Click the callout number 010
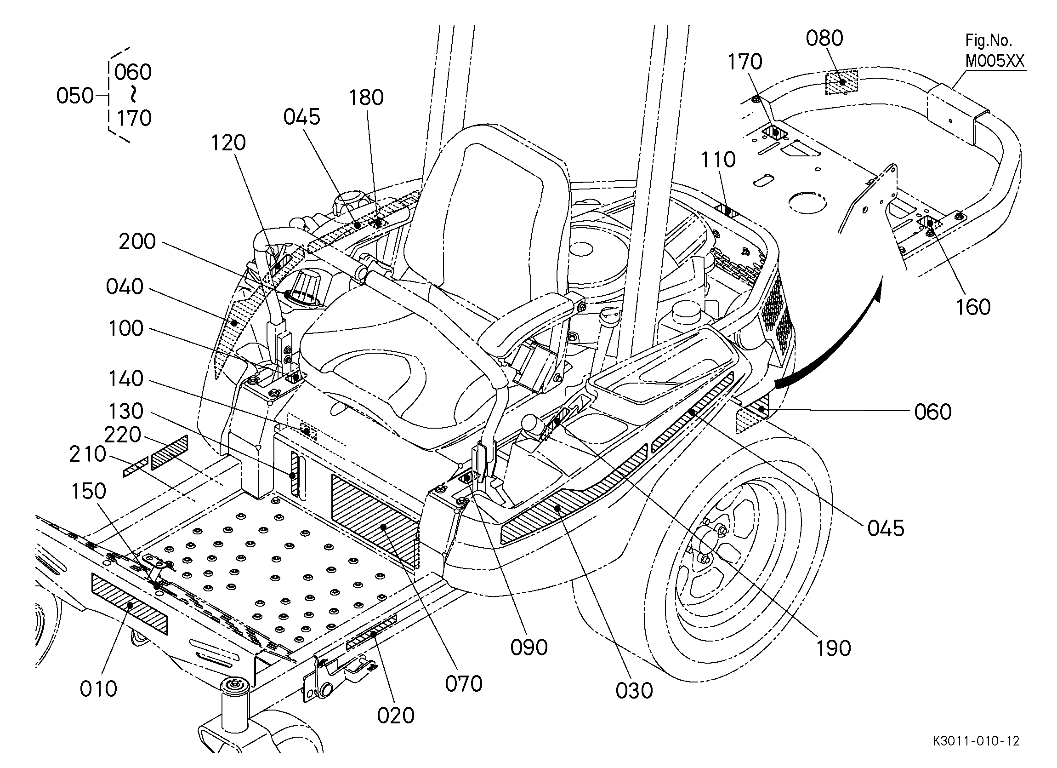point(98,689)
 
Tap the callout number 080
point(824,38)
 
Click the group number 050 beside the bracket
point(74,96)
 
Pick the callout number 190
point(833,648)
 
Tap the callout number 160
point(973,307)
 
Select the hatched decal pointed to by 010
point(129,604)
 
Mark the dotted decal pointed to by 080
point(841,82)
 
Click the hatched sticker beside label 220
point(170,452)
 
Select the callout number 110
point(718,160)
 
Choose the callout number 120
point(228,143)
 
